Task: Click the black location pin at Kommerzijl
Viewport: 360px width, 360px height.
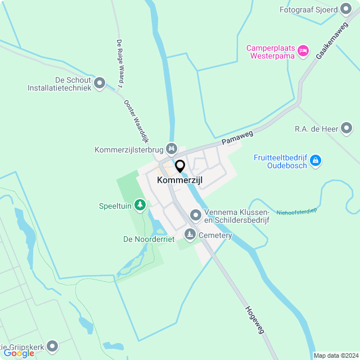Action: point(180,166)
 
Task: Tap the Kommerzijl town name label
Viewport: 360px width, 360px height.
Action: point(180,180)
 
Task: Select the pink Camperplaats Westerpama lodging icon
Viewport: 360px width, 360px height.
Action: point(303,51)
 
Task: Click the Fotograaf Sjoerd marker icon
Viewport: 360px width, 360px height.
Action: point(346,10)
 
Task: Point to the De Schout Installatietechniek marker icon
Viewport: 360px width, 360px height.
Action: point(100,83)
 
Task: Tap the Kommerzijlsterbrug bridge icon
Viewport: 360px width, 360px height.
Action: point(172,149)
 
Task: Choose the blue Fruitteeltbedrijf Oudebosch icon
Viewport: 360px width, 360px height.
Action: point(316,161)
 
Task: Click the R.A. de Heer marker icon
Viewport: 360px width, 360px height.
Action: point(346,129)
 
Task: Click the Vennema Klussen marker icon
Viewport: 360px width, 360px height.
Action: point(195,215)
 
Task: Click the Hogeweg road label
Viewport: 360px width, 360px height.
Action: point(255,320)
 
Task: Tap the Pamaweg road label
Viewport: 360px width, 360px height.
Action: point(237,137)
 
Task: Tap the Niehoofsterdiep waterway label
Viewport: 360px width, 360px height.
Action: point(297,213)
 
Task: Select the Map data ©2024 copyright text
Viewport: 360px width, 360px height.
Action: point(336,355)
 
